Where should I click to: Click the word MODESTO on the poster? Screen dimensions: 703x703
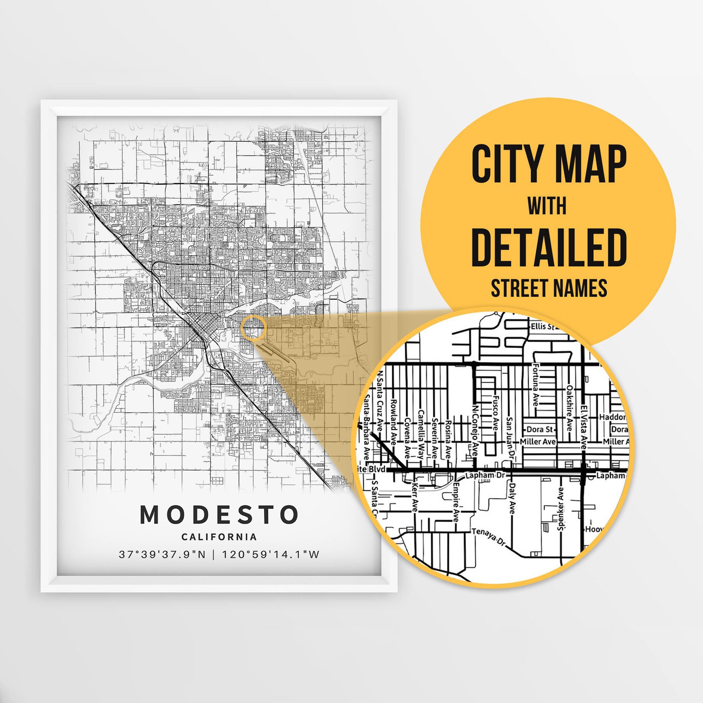pyautogui.click(x=219, y=515)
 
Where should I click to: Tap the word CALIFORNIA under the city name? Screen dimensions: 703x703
pyautogui.click(x=219, y=537)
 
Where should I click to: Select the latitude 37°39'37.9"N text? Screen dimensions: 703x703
pyautogui.click(x=162, y=555)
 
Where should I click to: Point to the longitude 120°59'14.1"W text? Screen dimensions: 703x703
pyautogui.click(x=270, y=555)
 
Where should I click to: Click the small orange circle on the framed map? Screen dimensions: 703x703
pyautogui.click(x=254, y=328)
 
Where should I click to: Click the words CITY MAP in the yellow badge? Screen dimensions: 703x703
pyautogui.click(x=549, y=165)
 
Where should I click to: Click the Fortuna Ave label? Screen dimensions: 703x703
pyautogui.click(x=535, y=385)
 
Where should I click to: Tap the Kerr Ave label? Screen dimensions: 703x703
pyautogui.click(x=414, y=497)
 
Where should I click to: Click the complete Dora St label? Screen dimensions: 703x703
pyautogui.click(x=540, y=430)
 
